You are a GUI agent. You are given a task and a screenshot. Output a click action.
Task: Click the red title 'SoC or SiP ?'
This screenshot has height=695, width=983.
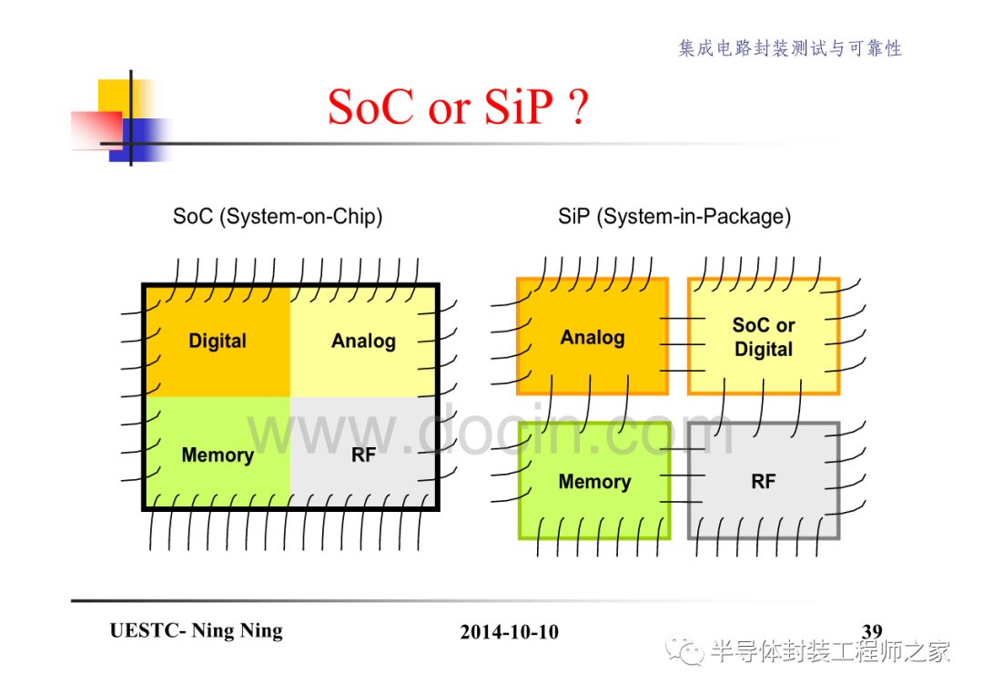458,107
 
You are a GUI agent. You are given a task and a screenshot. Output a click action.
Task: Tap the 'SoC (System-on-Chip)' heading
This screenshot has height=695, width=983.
278,217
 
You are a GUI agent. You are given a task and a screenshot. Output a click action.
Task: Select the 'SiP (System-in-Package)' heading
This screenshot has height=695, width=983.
674,217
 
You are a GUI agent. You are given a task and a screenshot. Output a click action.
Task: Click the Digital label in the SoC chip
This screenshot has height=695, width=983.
218,341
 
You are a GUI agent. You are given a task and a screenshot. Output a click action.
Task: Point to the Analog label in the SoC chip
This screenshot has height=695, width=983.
363,341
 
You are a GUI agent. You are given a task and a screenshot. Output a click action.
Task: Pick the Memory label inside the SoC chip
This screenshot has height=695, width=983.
218,455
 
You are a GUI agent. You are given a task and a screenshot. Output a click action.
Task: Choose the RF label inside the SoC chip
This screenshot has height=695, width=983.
363,455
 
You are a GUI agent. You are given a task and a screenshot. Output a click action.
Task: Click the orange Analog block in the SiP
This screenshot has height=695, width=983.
593,336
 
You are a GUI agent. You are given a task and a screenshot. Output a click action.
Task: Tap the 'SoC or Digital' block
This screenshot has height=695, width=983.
764,336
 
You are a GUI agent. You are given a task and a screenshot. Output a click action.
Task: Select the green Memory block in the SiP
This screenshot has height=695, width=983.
594,480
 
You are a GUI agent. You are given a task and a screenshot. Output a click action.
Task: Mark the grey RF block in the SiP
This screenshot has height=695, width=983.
764,480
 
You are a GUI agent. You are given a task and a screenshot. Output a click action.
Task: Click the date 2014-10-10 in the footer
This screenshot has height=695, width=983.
509,631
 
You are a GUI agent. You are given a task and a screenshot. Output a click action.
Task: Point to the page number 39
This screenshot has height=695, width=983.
872,630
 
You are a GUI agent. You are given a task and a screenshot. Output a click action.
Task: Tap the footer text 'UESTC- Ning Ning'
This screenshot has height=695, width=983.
197,630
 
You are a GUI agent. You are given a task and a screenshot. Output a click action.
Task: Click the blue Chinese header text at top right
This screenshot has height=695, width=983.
790,48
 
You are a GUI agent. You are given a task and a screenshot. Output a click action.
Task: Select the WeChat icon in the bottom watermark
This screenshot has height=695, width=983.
684,651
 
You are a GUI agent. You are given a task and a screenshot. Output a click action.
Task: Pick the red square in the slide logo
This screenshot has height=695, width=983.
96,130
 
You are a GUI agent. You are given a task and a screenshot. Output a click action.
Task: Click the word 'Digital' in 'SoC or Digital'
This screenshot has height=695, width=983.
764,349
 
